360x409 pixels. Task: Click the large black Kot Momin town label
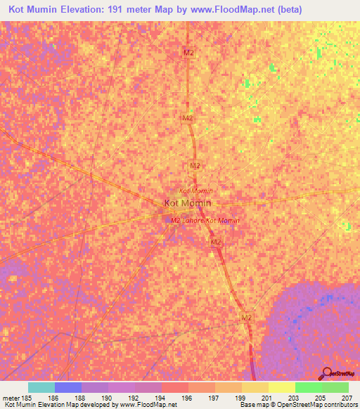tap(188, 204)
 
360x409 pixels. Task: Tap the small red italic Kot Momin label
tap(196, 190)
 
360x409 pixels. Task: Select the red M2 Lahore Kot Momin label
tap(205, 220)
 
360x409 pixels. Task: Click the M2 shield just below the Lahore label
tap(217, 242)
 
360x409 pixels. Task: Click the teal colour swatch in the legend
tap(41, 387)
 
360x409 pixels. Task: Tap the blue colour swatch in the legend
tap(68, 387)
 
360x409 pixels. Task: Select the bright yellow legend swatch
tap(282, 387)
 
